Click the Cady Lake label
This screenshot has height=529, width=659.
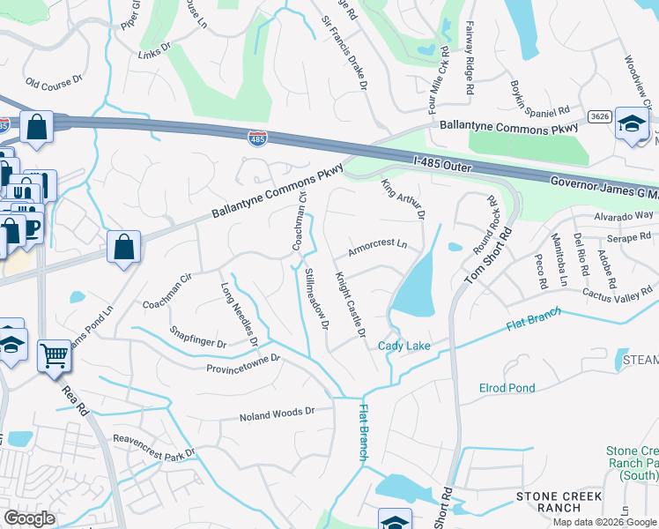[x=405, y=346]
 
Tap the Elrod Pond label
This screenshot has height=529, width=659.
[x=507, y=388]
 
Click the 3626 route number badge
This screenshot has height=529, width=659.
[x=600, y=116]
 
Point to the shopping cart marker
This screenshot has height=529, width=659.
[x=55, y=356]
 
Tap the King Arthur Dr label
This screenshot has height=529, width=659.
[x=402, y=200]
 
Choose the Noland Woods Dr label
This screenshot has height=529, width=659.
[x=278, y=413]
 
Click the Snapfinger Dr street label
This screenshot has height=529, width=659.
[x=198, y=338]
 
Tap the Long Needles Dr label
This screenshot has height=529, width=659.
[x=239, y=313]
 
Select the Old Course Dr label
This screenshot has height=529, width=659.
[x=54, y=83]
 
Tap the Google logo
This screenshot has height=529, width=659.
[x=30, y=518]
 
